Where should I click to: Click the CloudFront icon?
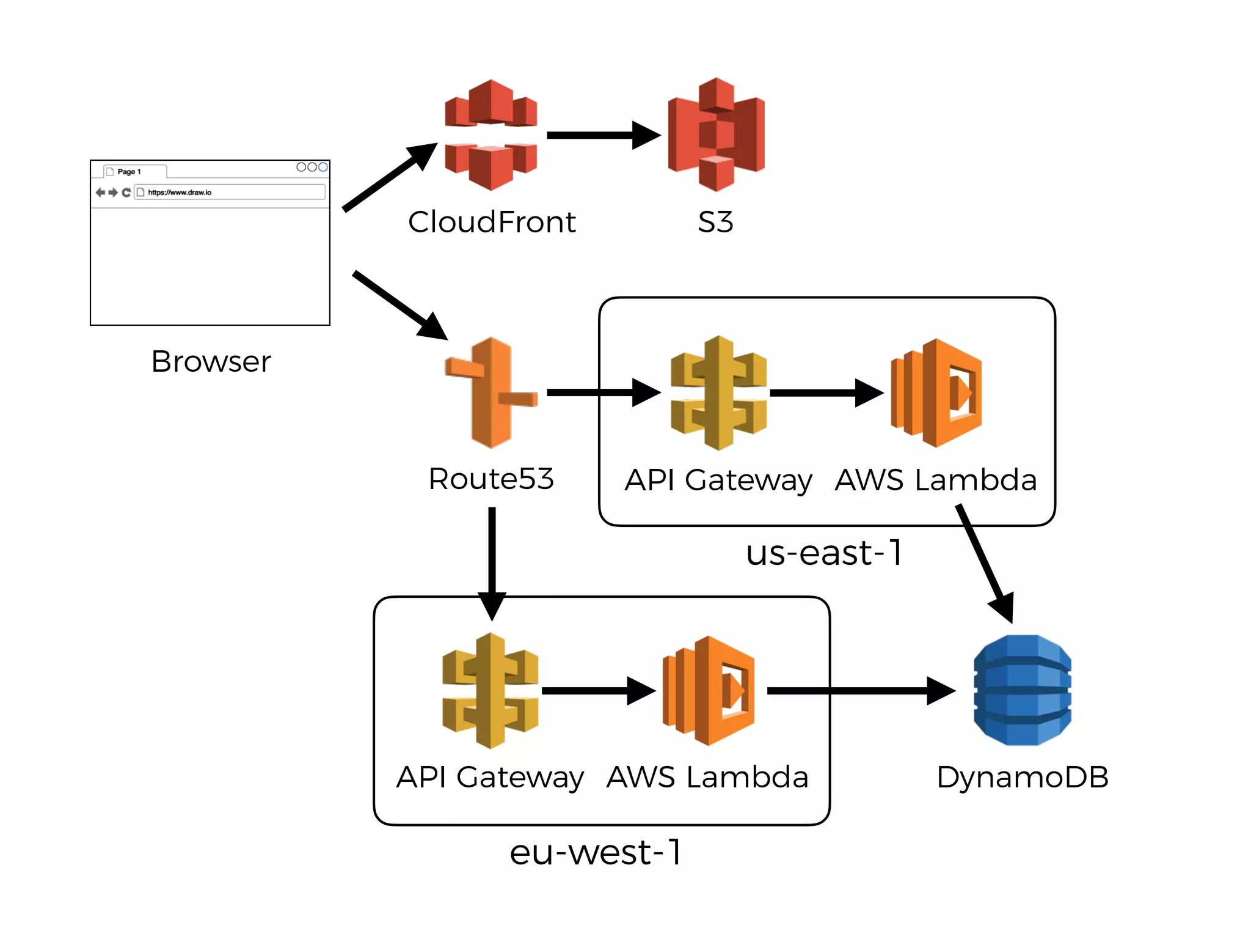[491, 134]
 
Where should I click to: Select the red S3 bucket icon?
[716, 134]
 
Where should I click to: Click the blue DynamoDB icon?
[1022, 690]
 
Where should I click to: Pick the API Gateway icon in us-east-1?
[718, 392]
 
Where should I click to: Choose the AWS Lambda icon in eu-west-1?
[709, 690]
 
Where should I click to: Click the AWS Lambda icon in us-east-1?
[936, 392]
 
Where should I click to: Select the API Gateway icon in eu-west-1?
[490, 690]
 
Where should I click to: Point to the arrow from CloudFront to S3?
[602, 135]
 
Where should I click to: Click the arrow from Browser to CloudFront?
[388, 178]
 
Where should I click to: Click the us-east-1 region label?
[824, 553]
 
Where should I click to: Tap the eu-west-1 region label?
[596, 852]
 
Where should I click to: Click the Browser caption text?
[211, 361]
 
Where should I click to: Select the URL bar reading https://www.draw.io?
[230, 192]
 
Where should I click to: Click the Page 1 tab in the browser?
[129, 172]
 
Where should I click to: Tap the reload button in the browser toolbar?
[126, 193]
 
